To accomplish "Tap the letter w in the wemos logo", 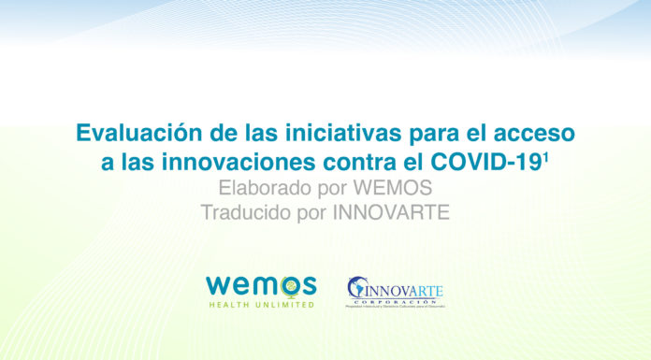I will [219, 285].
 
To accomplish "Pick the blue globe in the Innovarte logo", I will [358, 288].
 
